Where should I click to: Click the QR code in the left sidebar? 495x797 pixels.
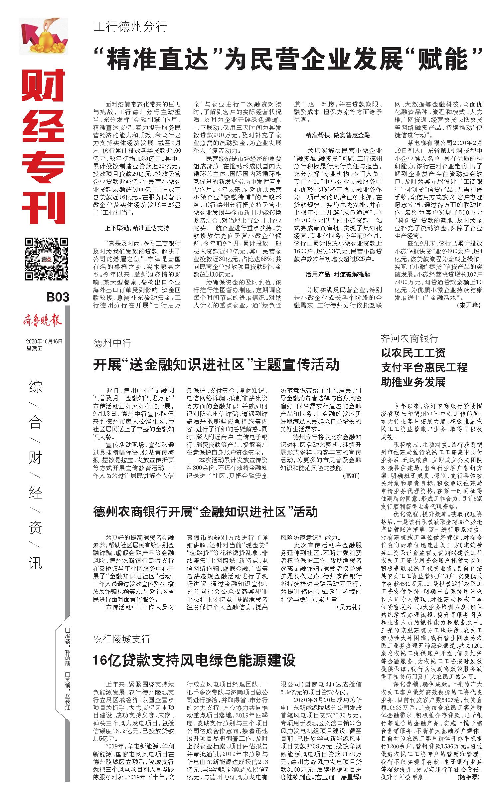[x=46, y=259]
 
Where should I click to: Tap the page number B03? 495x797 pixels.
[x=57, y=297]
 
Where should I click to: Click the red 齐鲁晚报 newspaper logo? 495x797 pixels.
[x=42, y=322]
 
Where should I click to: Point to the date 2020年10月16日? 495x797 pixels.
[x=44, y=341]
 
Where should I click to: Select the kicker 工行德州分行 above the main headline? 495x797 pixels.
[x=130, y=26]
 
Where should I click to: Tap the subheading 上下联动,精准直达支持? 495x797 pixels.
[x=137, y=228]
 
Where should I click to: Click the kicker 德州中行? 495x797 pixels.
[x=112, y=343]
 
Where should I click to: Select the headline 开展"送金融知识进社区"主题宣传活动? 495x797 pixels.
[x=216, y=364]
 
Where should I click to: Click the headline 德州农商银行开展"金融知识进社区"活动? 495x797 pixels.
[x=205, y=511]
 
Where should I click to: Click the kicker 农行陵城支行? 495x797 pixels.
[x=122, y=639]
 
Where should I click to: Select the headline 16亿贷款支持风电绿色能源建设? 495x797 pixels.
[x=194, y=660]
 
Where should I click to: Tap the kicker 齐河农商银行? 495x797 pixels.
[x=410, y=339]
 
